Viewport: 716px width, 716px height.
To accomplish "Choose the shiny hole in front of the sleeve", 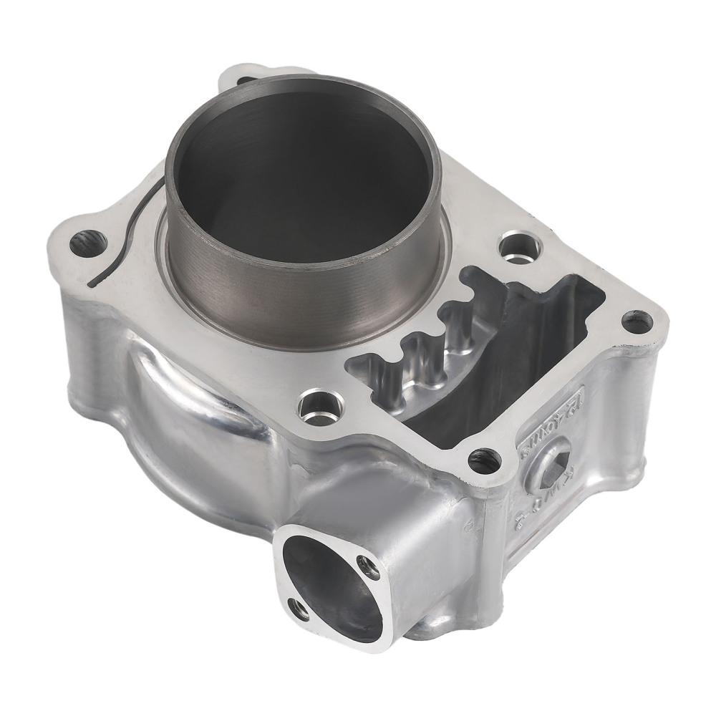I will (x=313, y=409).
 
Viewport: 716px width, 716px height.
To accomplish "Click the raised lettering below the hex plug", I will (x=530, y=505).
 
